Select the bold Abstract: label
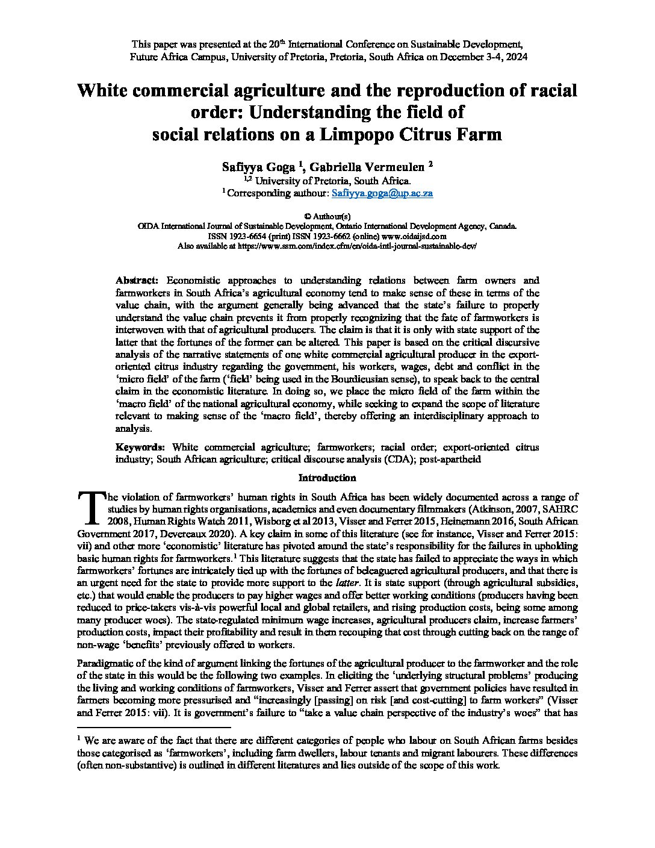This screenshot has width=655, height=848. point(137,281)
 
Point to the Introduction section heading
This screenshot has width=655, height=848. point(327,478)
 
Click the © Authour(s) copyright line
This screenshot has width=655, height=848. point(327,216)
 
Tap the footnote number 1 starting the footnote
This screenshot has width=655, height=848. point(79,738)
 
